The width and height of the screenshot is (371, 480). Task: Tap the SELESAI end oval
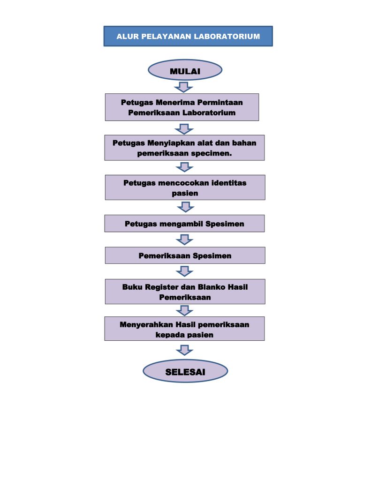185,372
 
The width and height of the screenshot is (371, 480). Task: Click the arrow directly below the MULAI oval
184,87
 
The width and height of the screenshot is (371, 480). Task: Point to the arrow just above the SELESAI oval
184,350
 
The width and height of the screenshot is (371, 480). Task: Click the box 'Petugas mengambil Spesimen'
184,224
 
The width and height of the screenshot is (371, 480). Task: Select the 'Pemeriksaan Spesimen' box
185,255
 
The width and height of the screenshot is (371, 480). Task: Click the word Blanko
205,287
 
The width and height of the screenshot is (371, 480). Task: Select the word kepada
169,335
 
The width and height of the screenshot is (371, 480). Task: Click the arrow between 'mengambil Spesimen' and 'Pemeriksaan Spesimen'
184,240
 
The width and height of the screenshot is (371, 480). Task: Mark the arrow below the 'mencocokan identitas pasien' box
185,207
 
